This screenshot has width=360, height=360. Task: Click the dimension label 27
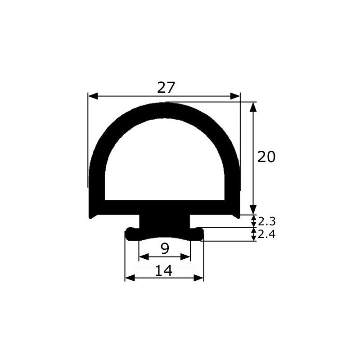[166, 87]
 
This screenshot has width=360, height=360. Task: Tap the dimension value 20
[266, 157]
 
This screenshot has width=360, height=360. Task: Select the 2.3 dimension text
[266, 221]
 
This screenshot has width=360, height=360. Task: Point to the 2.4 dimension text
[266, 234]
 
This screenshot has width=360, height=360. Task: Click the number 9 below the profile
[165, 248]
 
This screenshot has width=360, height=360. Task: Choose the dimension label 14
[164, 270]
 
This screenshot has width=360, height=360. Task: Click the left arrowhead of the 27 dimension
[93, 96]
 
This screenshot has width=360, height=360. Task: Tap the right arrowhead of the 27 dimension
[235, 96]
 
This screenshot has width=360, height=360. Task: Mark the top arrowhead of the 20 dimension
[253, 107]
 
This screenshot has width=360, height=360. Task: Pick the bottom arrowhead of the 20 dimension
[253, 210]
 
